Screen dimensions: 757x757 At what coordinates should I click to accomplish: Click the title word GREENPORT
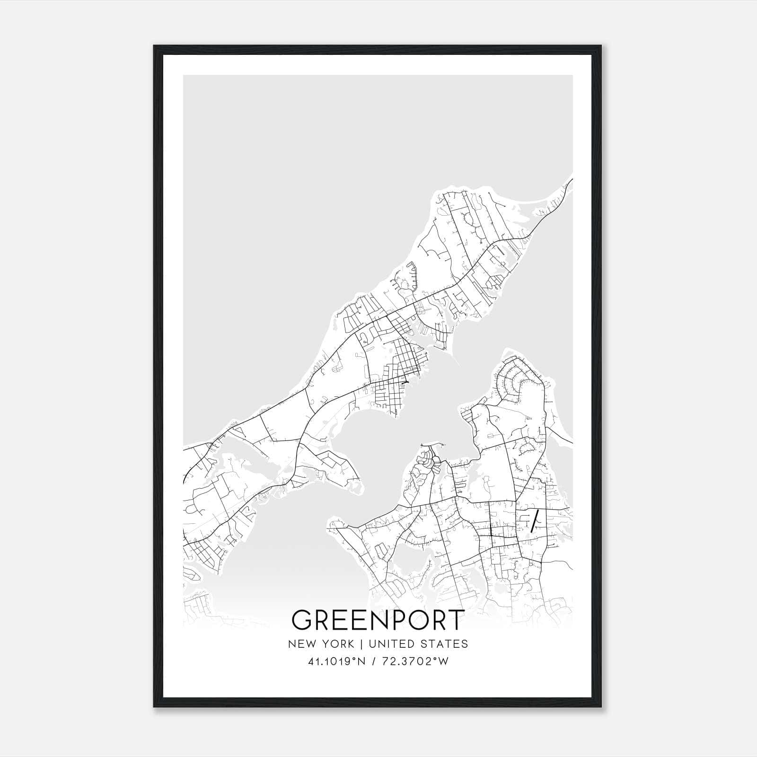(x=378, y=620)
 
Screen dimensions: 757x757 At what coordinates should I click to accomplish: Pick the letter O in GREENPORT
(x=416, y=620)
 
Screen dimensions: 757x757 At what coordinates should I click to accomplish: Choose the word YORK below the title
(x=337, y=644)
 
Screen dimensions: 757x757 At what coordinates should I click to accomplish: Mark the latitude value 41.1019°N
(x=337, y=661)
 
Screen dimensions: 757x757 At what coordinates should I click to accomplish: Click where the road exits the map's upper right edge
(x=572, y=180)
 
